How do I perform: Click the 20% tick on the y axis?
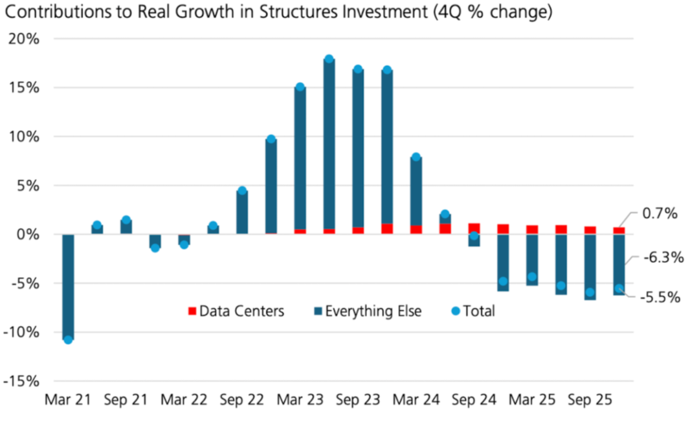(x=25, y=39)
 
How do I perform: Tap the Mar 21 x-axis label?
(x=67, y=400)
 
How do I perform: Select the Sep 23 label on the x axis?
(x=357, y=400)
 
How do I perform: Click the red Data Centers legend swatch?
(x=192, y=312)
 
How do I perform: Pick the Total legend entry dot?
(x=455, y=312)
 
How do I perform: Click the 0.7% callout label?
(x=660, y=213)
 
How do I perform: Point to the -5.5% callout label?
(x=661, y=298)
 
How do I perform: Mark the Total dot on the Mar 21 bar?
(x=68, y=340)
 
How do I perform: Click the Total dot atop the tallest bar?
(x=329, y=60)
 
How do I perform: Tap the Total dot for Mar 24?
(x=416, y=157)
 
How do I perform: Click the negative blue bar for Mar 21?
(x=68, y=285)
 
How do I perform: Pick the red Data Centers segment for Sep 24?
(x=474, y=228)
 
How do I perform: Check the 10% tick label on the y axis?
(x=25, y=137)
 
